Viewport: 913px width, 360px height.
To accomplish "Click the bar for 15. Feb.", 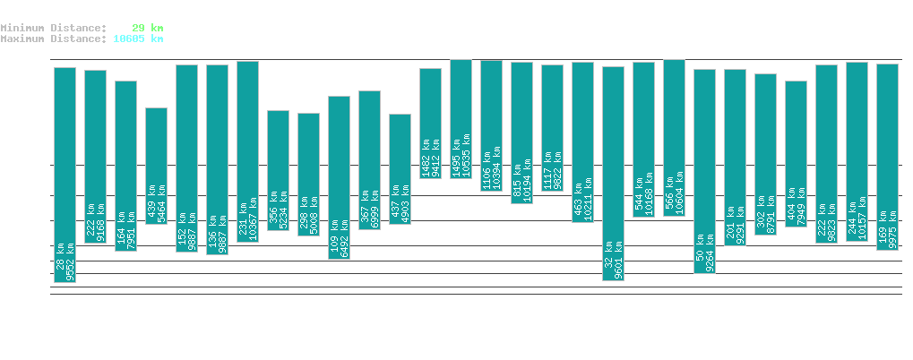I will [x=65, y=175].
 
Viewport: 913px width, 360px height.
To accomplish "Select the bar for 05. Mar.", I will [x=613, y=173].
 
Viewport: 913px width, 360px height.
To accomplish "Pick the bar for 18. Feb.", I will [x=156, y=165].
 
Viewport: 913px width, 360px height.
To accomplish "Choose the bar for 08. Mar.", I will [x=704, y=170].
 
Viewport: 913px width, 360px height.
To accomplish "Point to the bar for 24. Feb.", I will [x=339, y=177].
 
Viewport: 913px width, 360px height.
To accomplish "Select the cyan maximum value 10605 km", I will [x=138, y=39].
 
